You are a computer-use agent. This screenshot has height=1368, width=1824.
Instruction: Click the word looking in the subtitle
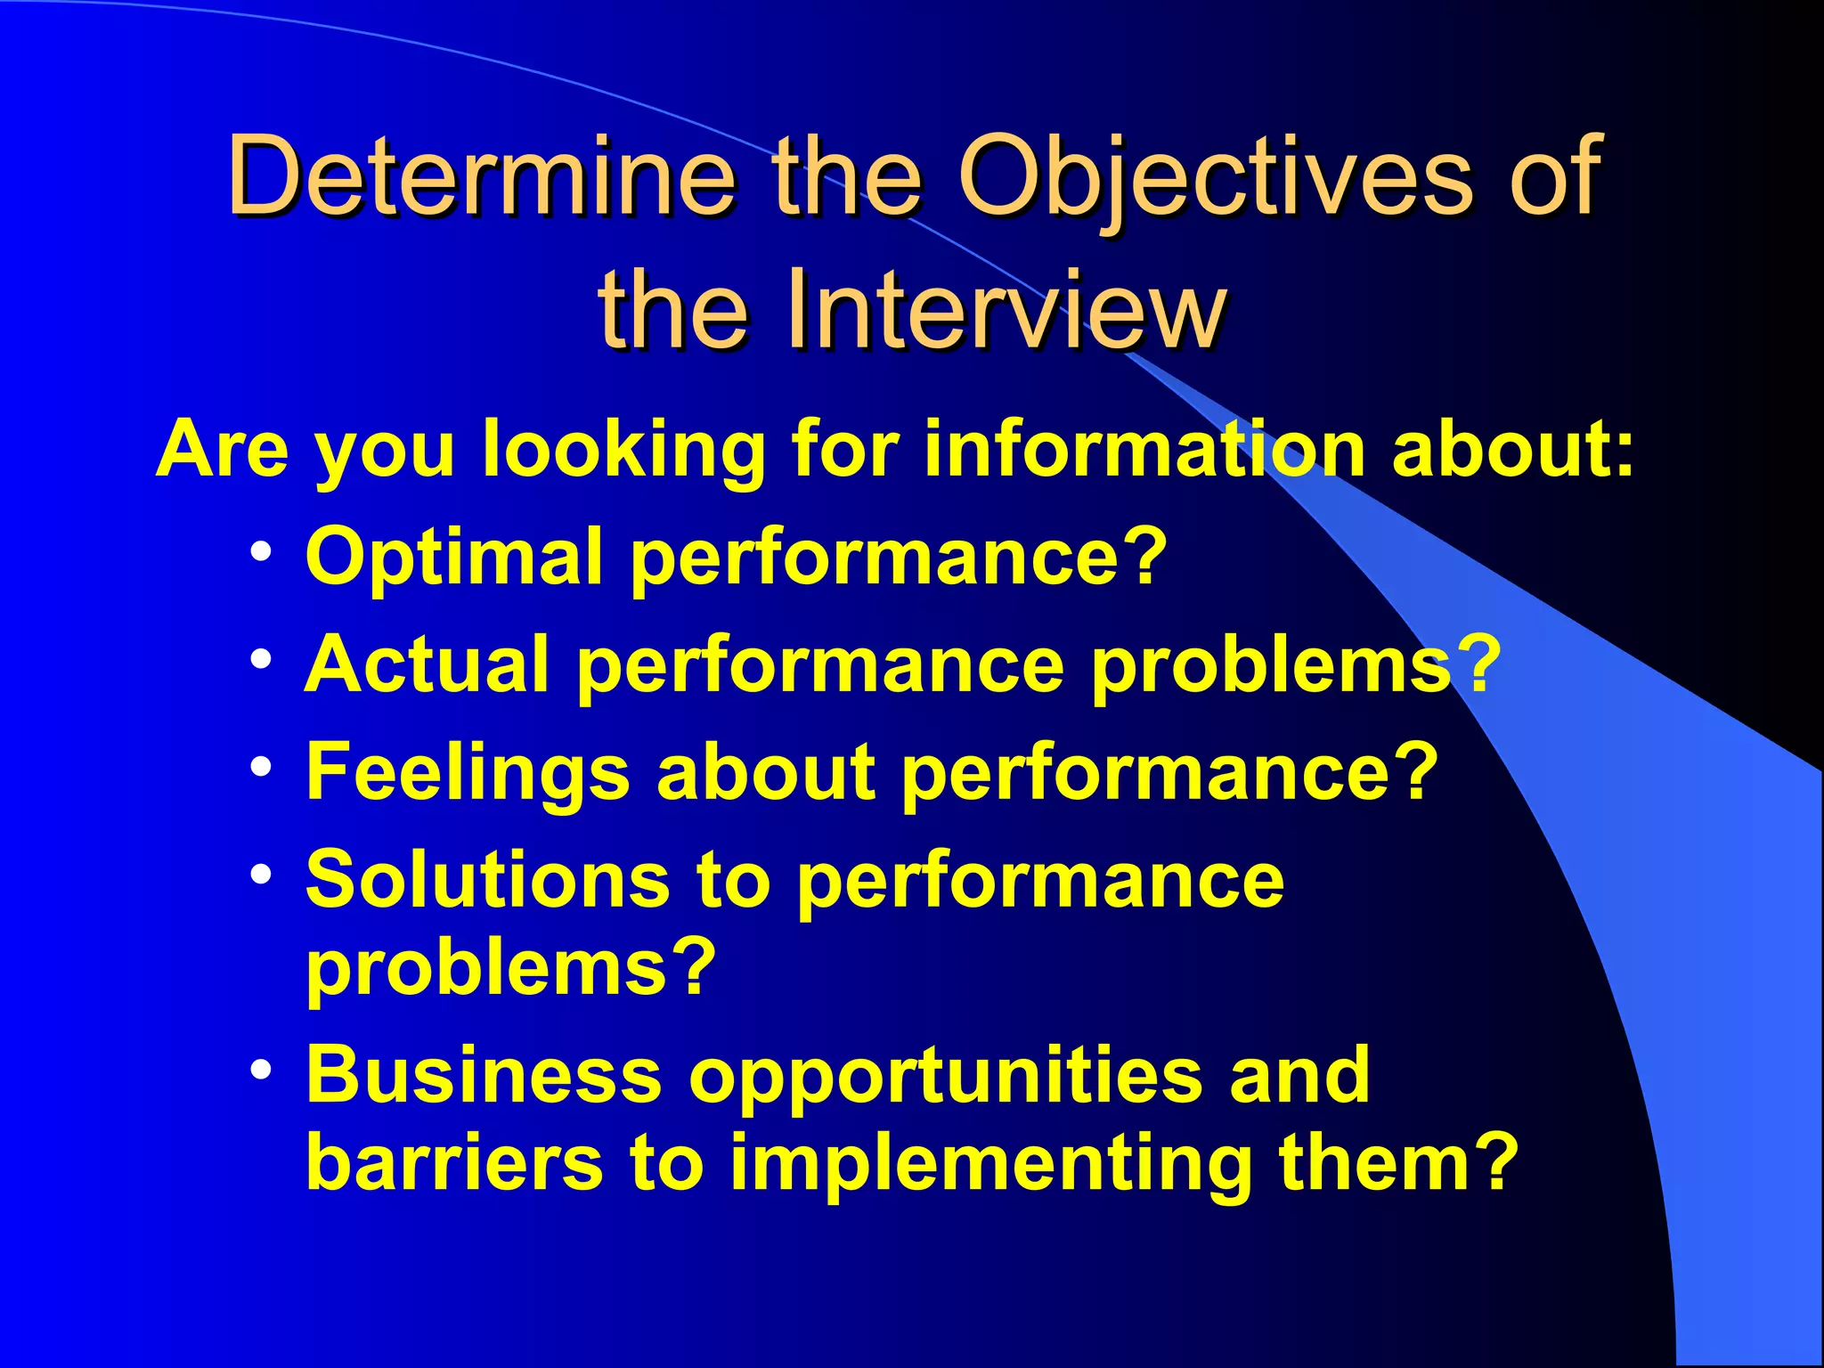pyautogui.click(x=623, y=449)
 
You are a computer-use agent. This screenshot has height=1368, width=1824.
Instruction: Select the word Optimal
pyautogui.click(x=454, y=557)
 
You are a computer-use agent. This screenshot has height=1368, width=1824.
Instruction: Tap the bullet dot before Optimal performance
pyautogui.click(x=261, y=552)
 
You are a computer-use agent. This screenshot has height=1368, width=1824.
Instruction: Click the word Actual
pyautogui.click(x=427, y=664)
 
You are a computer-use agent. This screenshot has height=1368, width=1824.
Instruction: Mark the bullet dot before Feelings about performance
pyautogui.click(x=261, y=767)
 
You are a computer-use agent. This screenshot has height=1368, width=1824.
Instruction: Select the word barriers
pyautogui.click(x=454, y=1162)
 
